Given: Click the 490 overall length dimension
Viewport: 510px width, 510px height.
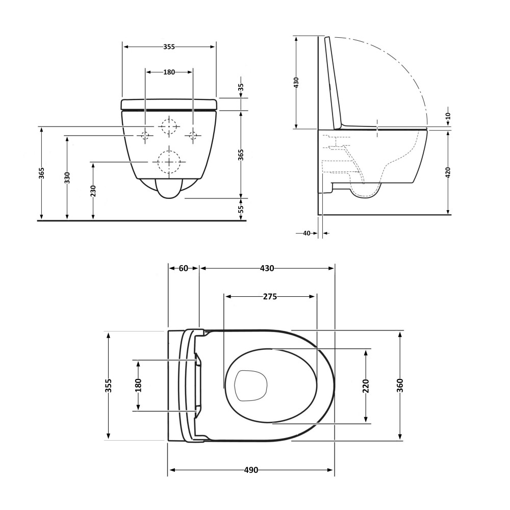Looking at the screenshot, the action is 251,470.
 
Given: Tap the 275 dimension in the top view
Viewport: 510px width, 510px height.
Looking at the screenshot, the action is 270,297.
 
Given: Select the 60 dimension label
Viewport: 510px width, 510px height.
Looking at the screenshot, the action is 184,268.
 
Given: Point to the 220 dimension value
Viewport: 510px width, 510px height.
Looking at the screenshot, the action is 366,386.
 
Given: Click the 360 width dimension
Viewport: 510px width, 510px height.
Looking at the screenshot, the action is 400,386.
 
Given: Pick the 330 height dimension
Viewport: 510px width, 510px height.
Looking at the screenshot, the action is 67,177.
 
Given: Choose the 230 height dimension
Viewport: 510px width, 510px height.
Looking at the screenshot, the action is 93,191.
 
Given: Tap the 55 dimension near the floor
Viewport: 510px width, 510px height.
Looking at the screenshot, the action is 241,209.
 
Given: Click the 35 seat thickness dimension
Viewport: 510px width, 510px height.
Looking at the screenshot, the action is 241,88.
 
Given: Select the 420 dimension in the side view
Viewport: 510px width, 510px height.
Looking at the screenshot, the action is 448,172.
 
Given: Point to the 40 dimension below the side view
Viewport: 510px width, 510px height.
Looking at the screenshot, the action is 307,233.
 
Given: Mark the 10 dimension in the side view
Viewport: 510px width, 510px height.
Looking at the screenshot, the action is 448,115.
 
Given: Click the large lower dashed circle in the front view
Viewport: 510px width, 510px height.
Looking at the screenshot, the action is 169,162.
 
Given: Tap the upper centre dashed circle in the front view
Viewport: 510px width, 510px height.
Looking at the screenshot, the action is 169,125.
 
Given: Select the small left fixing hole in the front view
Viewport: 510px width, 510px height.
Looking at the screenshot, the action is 145,135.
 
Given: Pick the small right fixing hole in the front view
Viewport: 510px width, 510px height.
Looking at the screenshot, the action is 193,135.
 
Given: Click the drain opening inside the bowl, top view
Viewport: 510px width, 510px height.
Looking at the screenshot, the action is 250,386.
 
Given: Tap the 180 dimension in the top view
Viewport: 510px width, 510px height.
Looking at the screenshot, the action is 139,386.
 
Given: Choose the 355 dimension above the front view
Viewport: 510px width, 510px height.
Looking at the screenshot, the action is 169,47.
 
